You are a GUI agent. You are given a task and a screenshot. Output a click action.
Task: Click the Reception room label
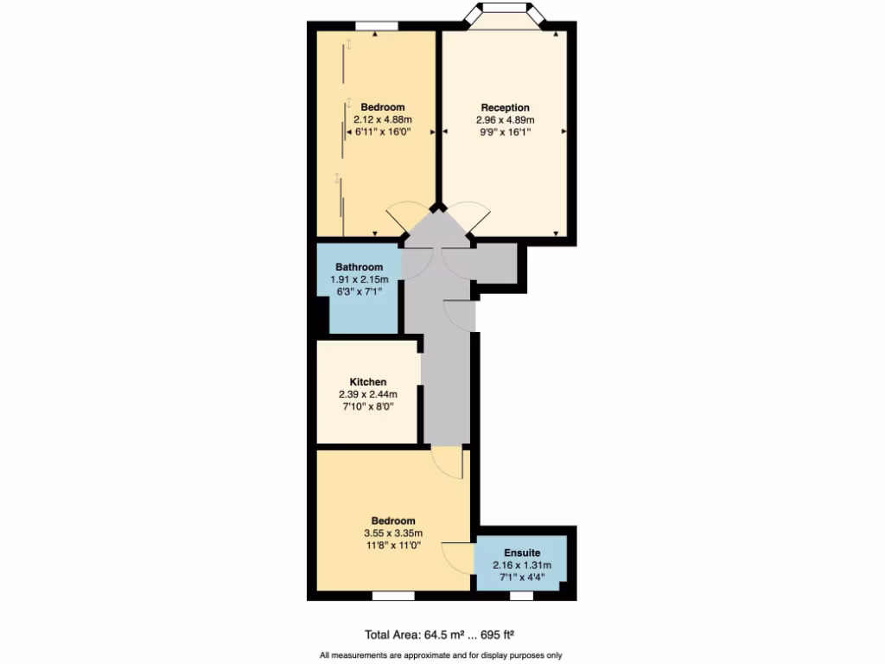[x=505, y=107]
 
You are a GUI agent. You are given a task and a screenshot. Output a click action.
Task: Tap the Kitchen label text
[x=367, y=381]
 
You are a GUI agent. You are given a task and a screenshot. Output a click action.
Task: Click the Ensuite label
[x=522, y=552]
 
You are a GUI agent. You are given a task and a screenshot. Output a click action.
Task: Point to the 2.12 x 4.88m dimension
[x=382, y=119]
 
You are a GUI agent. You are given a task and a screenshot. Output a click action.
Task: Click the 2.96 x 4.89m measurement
[x=505, y=120]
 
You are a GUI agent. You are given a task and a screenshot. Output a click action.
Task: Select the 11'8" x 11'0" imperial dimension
[x=392, y=546]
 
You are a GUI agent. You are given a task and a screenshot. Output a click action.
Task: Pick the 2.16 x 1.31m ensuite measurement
[x=521, y=565]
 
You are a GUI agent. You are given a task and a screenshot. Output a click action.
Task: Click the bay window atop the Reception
[x=505, y=12]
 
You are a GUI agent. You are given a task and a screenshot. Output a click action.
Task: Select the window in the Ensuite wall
[x=521, y=596]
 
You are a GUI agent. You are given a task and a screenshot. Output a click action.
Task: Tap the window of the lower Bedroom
[x=392, y=596]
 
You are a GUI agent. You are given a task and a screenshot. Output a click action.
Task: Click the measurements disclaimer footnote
[x=442, y=654]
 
